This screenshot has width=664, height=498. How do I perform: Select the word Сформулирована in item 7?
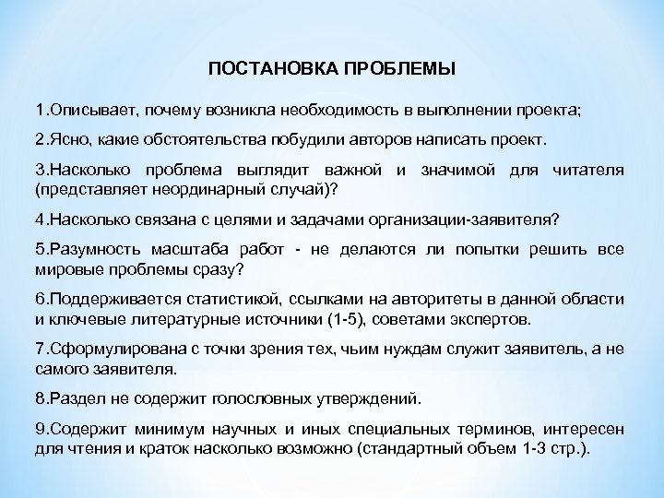pyautogui.click(x=106, y=351)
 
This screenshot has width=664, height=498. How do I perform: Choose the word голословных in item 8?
pyautogui.click(x=250, y=400)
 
